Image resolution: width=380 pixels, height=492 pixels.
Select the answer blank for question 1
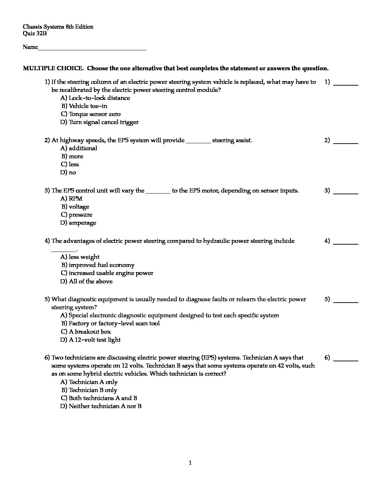[346, 84]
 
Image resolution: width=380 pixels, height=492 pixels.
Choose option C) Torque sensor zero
[90, 114]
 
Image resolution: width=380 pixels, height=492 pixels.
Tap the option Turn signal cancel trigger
[100, 122]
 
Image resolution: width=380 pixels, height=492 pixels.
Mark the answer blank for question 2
[346, 142]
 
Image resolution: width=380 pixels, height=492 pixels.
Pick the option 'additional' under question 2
[79, 149]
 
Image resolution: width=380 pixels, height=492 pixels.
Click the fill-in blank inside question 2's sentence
[198, 142]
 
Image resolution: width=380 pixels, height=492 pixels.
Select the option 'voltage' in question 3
[75, 207]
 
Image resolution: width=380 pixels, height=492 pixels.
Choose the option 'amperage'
[78, 223]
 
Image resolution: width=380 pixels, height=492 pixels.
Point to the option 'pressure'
[77, 215]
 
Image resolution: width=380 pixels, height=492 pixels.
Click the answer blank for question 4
[346, 243]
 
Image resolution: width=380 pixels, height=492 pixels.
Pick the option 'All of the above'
[87, 282]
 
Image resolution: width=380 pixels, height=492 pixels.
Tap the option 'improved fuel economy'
[98, 265]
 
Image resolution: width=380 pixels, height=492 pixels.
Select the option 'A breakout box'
[86, 332]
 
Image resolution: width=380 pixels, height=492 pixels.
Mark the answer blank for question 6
[346, 360]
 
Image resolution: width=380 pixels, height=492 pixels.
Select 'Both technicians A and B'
[99, 398]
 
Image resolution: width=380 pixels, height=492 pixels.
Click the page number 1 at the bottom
[190, 463]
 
